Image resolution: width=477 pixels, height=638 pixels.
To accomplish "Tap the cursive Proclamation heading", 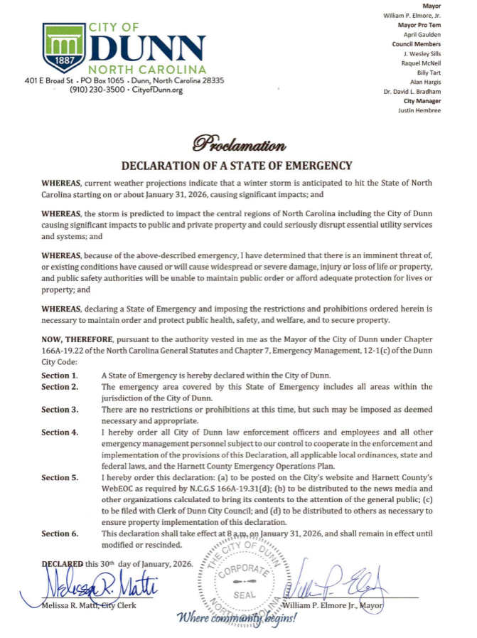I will pyautogui.click(x=237, y=146).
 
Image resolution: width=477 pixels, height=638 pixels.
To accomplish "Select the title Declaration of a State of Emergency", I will pyautogui.click(x=237, y=166).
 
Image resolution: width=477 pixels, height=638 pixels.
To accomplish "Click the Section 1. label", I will pyautogui.click(x=60, y=375).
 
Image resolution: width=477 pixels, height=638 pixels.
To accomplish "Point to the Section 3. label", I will pyautogui.click(x=60, y=410).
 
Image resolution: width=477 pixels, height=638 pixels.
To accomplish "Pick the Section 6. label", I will pyautogui.click(x=60, y=533).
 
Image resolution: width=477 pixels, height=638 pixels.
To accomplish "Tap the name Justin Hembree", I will pyautogui.click(x=419, y=110).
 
